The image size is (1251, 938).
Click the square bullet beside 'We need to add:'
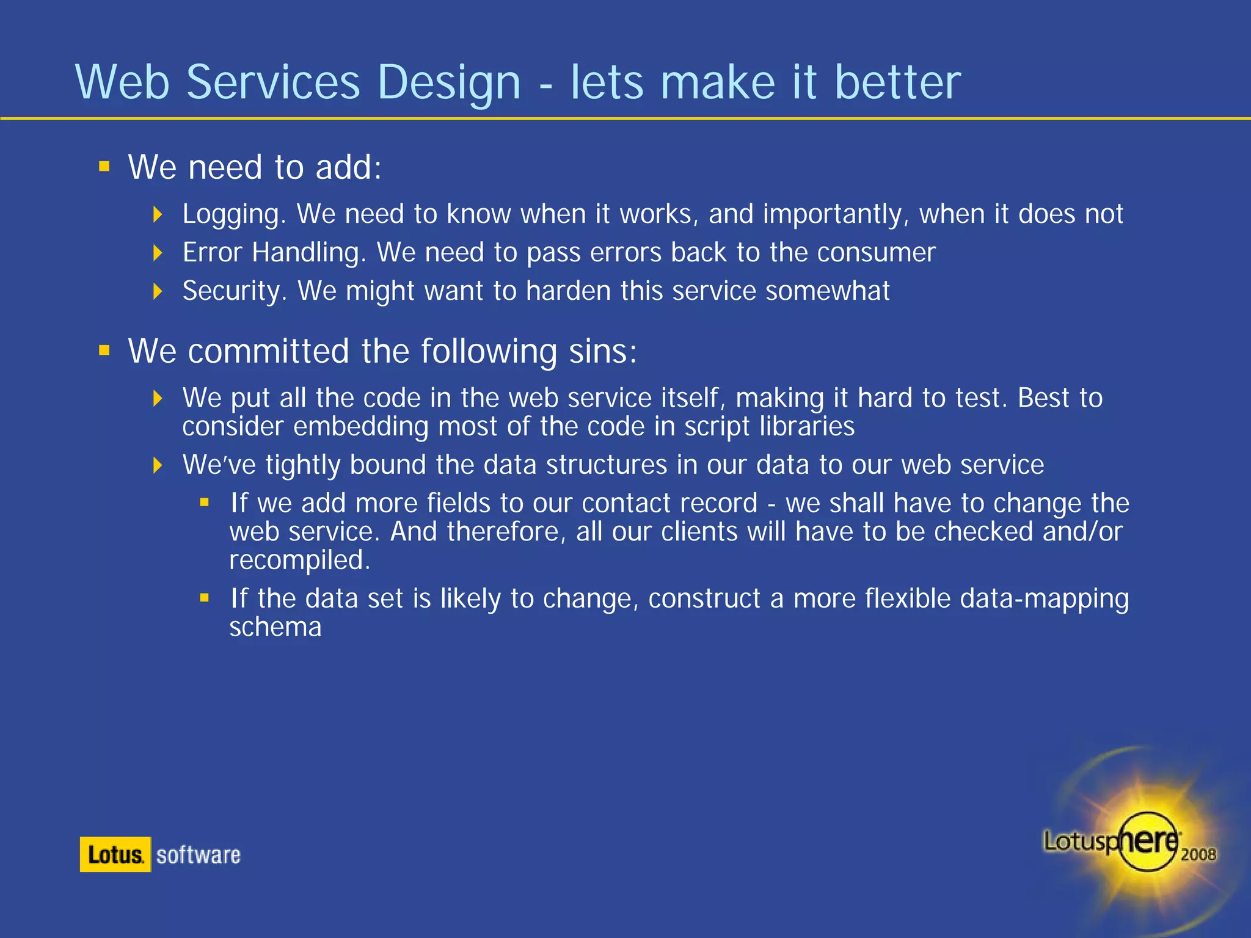pos(104,167)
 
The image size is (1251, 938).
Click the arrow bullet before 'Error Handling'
pos(158,253)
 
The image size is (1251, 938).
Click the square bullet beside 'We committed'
pos(104,351)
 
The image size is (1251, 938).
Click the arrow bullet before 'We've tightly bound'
pos(158,465)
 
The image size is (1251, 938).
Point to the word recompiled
pos(299,561)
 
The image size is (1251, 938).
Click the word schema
pos(275,627)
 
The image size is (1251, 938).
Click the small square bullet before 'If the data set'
pos(205,598)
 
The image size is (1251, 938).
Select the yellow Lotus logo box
pos(115,854)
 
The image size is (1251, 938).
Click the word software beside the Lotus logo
pos(198,855)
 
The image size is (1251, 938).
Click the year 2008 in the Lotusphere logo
pos(1198,854)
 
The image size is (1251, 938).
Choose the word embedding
pos(360,426)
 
